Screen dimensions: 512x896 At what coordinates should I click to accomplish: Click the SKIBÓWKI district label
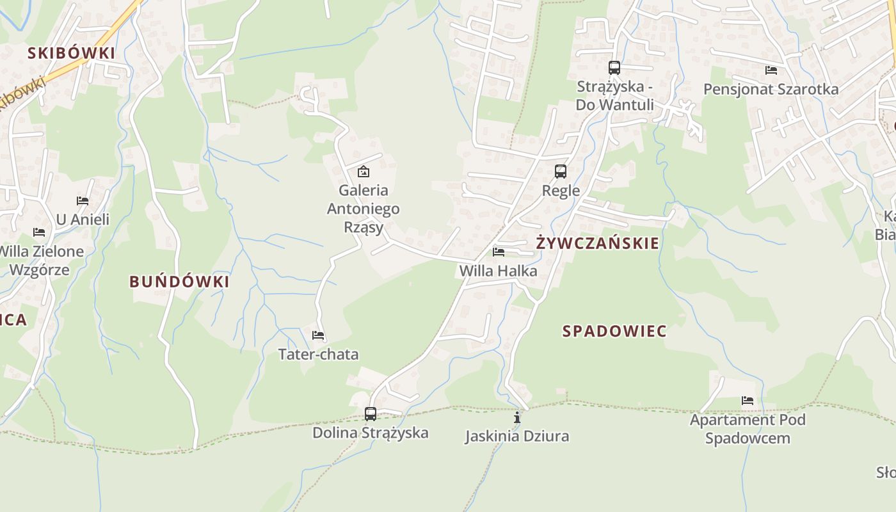click(x=71, y=53)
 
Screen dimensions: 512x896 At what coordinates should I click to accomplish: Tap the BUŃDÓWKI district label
click(x=179, y=282)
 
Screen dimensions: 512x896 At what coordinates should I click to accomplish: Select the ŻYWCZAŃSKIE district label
click(x=597, y=243)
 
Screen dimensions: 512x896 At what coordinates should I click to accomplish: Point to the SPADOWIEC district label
click(x=614, y=331)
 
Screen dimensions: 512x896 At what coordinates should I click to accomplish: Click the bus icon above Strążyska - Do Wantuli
click(x=614, y=67)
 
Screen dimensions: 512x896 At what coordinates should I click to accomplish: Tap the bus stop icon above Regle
click(x=561, y=172)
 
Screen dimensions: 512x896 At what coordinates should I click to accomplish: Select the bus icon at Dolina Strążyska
click(x=371, y=414)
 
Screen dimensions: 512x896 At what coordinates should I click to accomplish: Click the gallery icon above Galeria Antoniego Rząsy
click(x=364, y=172)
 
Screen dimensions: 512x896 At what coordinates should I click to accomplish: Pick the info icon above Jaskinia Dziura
click(x=517, y=418)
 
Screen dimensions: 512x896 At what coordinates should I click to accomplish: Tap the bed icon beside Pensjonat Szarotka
click(x=771, y=70)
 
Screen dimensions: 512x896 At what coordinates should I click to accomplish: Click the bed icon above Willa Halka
click(x=499, y=252)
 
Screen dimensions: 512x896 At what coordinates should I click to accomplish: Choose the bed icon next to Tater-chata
click(x=318, y=335)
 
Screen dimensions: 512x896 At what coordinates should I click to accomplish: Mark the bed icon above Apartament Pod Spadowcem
click(x=748, y=401)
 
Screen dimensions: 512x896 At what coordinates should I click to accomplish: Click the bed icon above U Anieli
click(x=83, y=201)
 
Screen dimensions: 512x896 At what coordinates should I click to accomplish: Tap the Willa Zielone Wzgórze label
click(x=40, y=260)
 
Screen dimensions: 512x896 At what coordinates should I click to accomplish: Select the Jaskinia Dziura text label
click(x=517, y=436)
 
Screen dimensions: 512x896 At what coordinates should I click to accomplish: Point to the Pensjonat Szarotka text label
click(x=771, y=89)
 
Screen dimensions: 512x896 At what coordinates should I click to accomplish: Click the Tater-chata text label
click(x=318, y=355)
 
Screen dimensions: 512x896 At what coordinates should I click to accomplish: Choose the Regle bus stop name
click(x=561, y=191)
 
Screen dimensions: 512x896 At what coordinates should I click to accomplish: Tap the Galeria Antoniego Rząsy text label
click(x=364, y=209)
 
